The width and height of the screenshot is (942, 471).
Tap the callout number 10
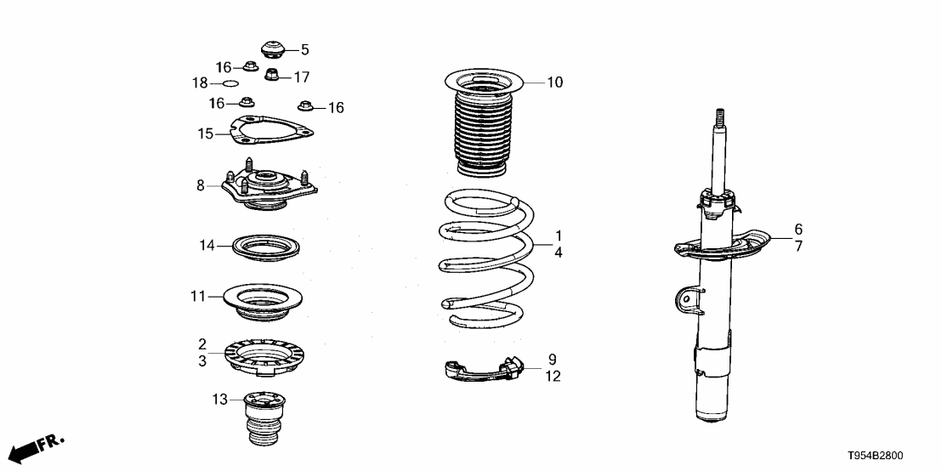(554, 82)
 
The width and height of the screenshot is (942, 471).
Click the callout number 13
(220, 400)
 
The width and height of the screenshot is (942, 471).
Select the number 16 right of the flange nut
(336, 108)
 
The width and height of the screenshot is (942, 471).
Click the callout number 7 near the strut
(798, 247)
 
